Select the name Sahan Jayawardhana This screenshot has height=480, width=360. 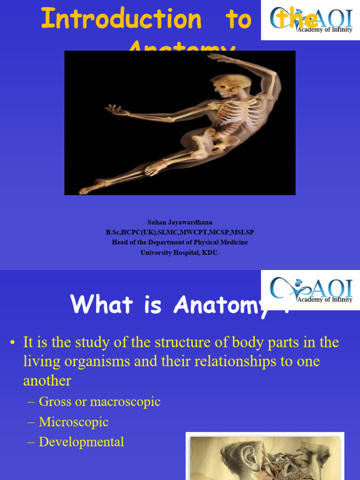[180, 222]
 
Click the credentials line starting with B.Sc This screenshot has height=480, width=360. [180, 232]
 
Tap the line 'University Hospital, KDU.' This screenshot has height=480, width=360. [180, 252]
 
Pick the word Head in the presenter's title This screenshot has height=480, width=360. [120, 242]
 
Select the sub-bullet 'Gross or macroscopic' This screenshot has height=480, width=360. [99, 402]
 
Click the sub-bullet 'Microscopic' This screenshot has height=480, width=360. [74, 422]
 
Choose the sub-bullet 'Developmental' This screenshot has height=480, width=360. [81, 442]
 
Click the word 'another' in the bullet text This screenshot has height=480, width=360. [47, 381]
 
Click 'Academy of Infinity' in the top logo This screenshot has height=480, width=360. [324, 30]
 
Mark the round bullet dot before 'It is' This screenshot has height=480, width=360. [13, 343]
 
